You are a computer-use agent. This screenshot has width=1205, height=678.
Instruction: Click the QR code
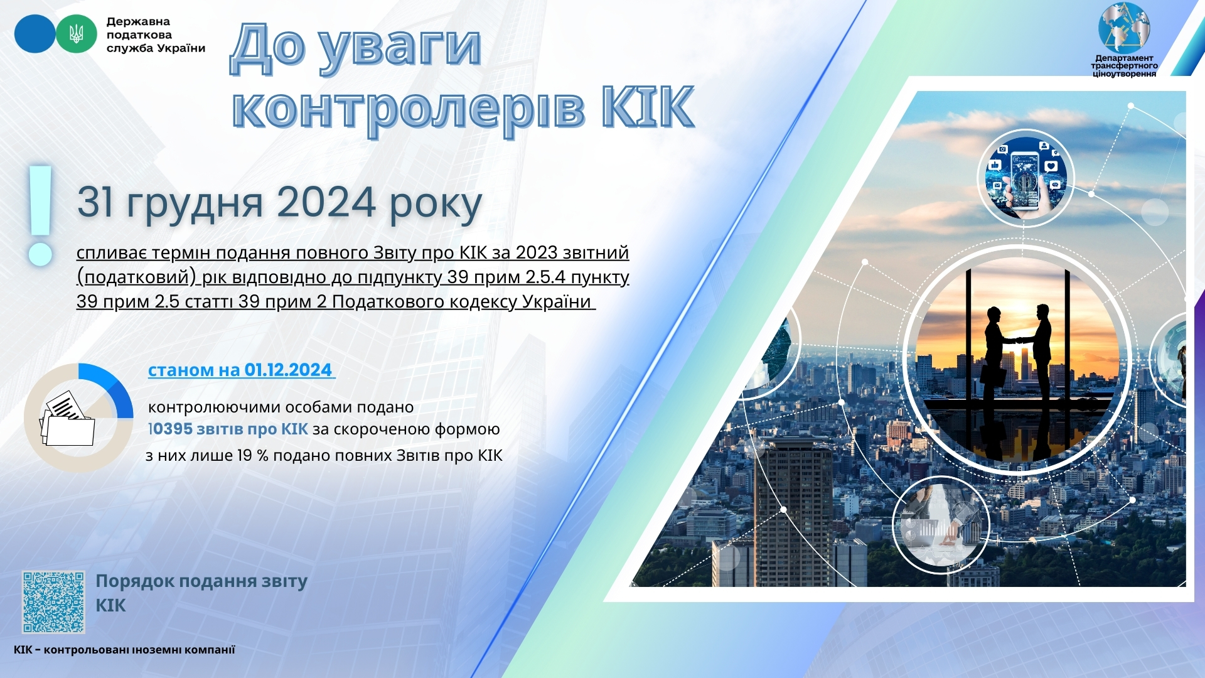point(53,602)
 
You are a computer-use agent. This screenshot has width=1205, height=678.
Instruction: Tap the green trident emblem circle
point(77,34)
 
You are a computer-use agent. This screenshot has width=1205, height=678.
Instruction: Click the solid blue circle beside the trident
point(35,34)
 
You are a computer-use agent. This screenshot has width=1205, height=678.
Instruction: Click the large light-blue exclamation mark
point(41,215)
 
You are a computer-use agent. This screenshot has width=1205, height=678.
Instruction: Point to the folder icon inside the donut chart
point(68,419)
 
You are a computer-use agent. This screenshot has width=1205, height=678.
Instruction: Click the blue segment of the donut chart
point(110,385)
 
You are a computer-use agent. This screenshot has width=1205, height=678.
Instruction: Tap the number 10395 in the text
point(170,429)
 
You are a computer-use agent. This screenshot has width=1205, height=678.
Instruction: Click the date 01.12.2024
point(287,370)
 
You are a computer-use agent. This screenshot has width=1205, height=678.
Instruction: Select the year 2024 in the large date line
point(326,202)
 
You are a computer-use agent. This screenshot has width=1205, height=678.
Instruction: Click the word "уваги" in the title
point(400,49)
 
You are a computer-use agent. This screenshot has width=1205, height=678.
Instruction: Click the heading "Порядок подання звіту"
point(201,581)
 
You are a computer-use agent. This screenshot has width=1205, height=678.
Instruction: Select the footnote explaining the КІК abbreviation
point(124,650)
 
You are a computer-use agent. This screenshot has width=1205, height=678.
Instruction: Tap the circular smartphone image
point(1026,178)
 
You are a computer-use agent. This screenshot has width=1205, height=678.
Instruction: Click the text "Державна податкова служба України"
point(156,35)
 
